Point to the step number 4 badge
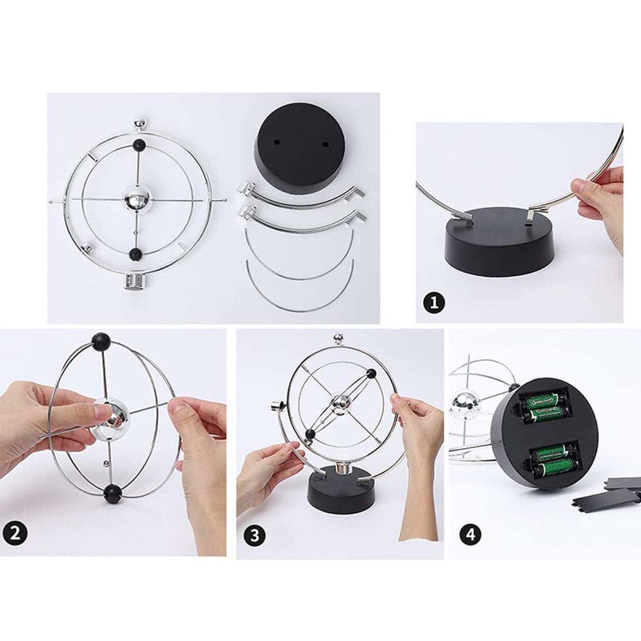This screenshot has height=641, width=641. pos(470,535)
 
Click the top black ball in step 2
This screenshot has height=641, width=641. pos(100,341)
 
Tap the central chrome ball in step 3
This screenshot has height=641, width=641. pos(340,404)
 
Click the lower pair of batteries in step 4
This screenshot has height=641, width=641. pos(550,461)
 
